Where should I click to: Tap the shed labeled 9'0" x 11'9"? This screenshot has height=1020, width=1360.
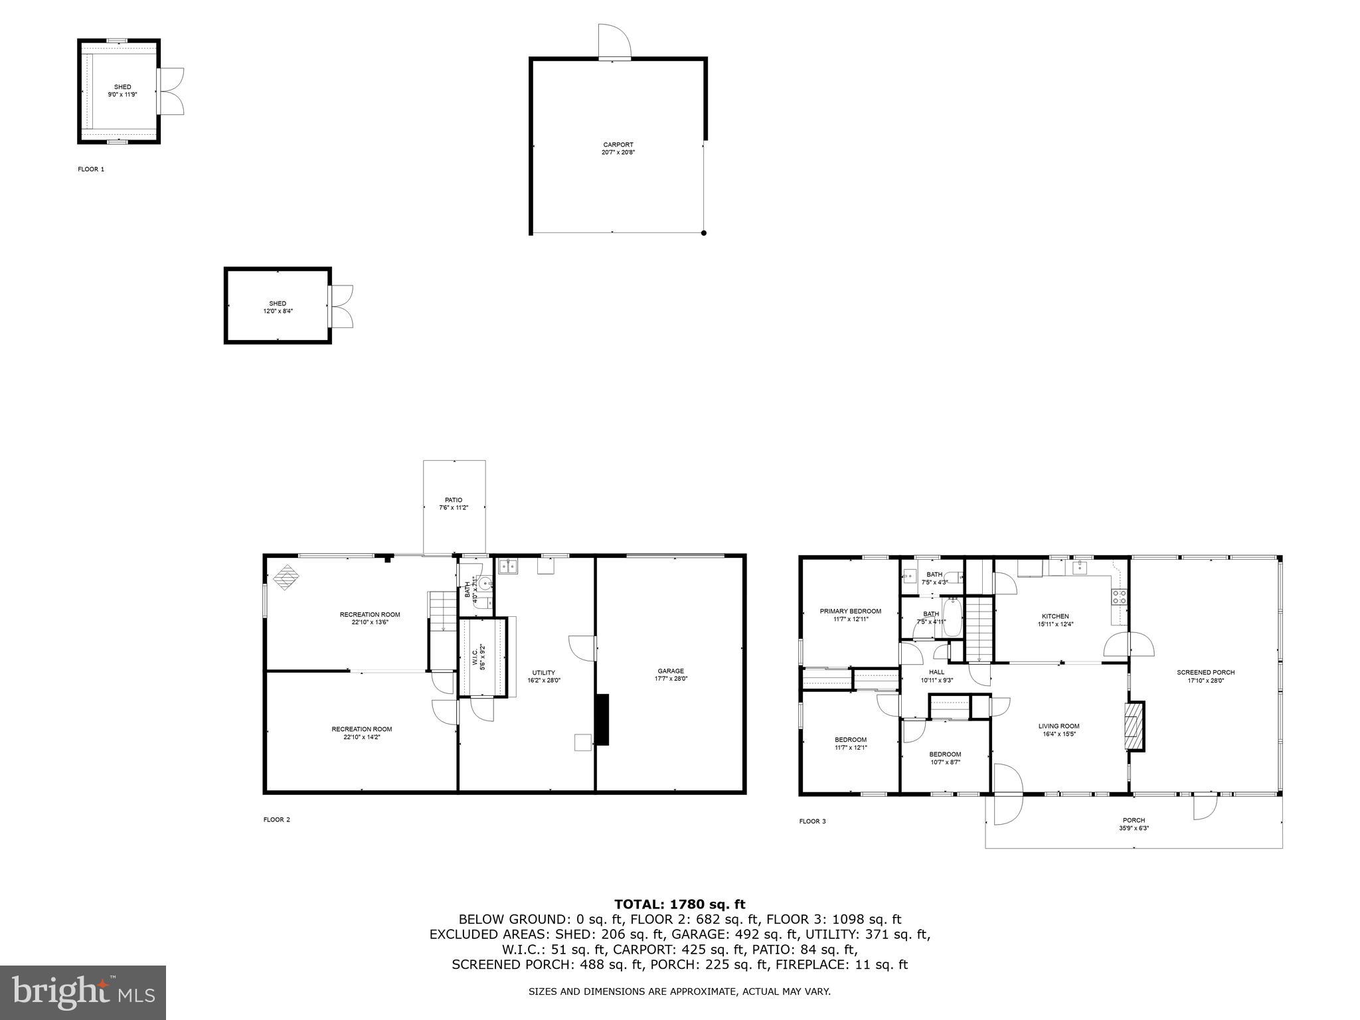122,90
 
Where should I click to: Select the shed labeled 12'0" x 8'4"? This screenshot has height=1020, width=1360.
278,307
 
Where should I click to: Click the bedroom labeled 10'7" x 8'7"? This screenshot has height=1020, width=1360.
944,758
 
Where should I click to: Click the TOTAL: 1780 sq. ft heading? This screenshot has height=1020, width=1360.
679,904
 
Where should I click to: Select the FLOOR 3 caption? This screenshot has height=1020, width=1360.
812,821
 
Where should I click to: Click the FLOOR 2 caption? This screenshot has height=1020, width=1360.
276,819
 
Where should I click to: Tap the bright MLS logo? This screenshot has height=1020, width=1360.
83,992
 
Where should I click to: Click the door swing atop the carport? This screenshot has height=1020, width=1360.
614,41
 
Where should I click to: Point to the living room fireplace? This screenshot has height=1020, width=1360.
1135,726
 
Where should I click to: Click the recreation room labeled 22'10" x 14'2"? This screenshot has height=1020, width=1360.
361,732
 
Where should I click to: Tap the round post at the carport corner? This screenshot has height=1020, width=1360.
704,233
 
